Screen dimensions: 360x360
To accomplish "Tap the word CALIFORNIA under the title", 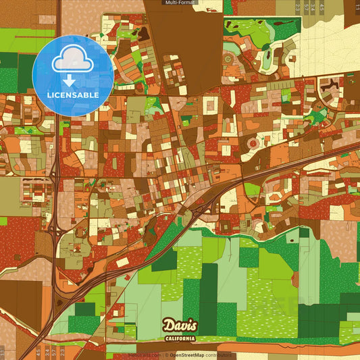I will (x=180, y=338).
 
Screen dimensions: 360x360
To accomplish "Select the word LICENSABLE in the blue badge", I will (x=73, y=95).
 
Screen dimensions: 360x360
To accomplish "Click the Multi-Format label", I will (x=180, y=3).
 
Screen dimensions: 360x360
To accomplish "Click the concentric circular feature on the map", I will (x=253, y=144).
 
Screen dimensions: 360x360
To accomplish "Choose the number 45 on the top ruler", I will (x=322, y=7).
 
